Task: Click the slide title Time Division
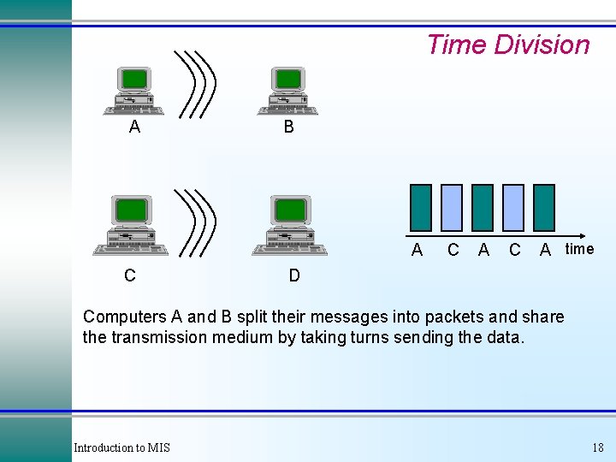coord(507,44)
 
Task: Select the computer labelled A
coord(134,90)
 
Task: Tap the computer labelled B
coord(288,90)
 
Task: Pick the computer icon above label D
coord(291,225)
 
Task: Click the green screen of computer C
coord(131,210)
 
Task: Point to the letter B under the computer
coord(288,127)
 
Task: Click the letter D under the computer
coord(294,275)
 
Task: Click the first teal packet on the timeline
coord(421,208)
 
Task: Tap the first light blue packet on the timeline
coord(452,208)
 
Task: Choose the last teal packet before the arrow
coord(543,208)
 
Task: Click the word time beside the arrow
coord(579,249)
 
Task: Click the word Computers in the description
coord(124,317)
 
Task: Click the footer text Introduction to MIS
coord(121,447)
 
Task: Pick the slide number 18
coord(597,447)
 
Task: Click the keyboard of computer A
coord(134,109)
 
